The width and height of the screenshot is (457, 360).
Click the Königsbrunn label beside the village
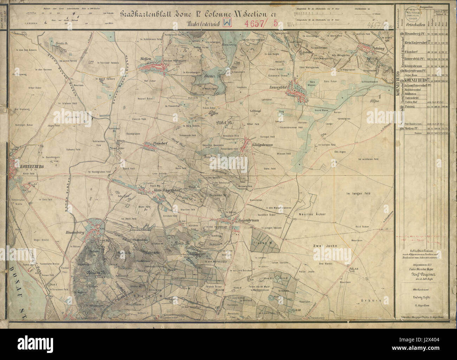click(x=263, y=144)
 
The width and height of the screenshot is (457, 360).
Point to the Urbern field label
click(x=368, y=301)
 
